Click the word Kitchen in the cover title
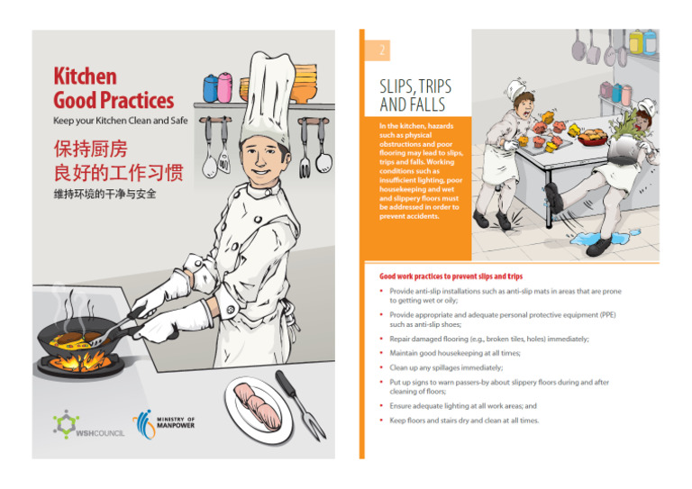(85, 77)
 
